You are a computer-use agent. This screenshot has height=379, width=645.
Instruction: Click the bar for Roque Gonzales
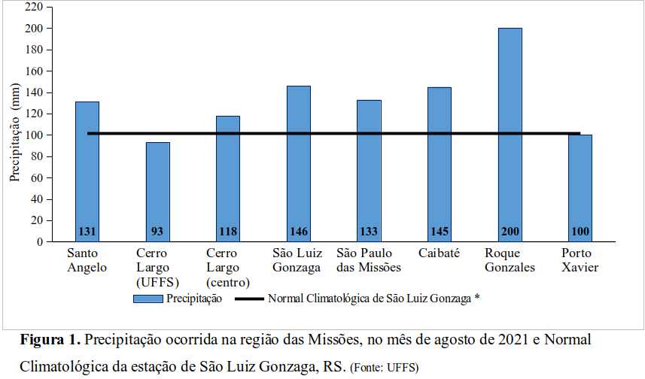click(x=510, y=128)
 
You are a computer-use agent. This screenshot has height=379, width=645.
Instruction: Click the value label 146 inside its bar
click(x=299, y=232)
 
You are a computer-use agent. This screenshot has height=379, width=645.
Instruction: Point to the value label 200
click(x=510, y=232)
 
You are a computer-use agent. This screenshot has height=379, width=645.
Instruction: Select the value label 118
click(x=228, y=232)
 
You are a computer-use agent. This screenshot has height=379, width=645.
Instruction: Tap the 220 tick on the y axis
click(x=34, y=7)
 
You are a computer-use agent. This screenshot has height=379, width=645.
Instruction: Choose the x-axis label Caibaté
click(x=439, y=253)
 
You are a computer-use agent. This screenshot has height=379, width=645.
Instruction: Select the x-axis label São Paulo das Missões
click(x=369, y=260)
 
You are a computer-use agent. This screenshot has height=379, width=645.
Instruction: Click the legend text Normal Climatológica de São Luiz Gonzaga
click(x=370, y=299)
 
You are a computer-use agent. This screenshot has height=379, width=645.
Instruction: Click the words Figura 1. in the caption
click(x=50, y=340)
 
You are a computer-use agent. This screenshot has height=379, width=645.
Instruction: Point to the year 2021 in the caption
click(x=513, y=340)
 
